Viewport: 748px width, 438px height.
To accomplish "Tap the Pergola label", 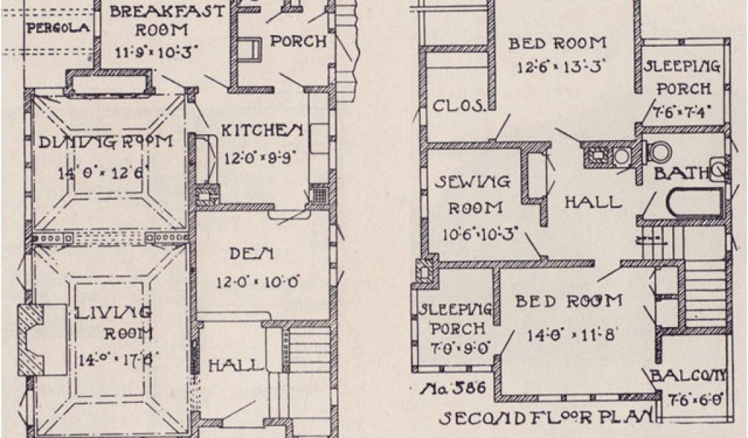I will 58,28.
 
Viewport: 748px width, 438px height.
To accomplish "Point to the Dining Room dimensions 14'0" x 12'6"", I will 103,173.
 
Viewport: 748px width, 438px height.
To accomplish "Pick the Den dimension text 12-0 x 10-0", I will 259,281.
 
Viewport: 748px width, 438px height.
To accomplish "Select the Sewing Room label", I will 473,181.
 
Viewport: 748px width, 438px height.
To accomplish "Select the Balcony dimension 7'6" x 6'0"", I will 696,399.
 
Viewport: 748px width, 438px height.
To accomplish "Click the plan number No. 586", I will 452,388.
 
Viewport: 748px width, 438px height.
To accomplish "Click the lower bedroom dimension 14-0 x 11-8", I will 573,335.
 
